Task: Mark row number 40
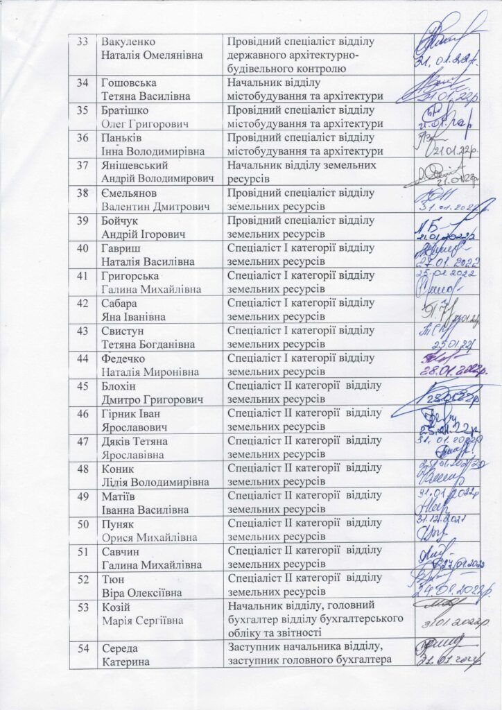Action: pos(83,248)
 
